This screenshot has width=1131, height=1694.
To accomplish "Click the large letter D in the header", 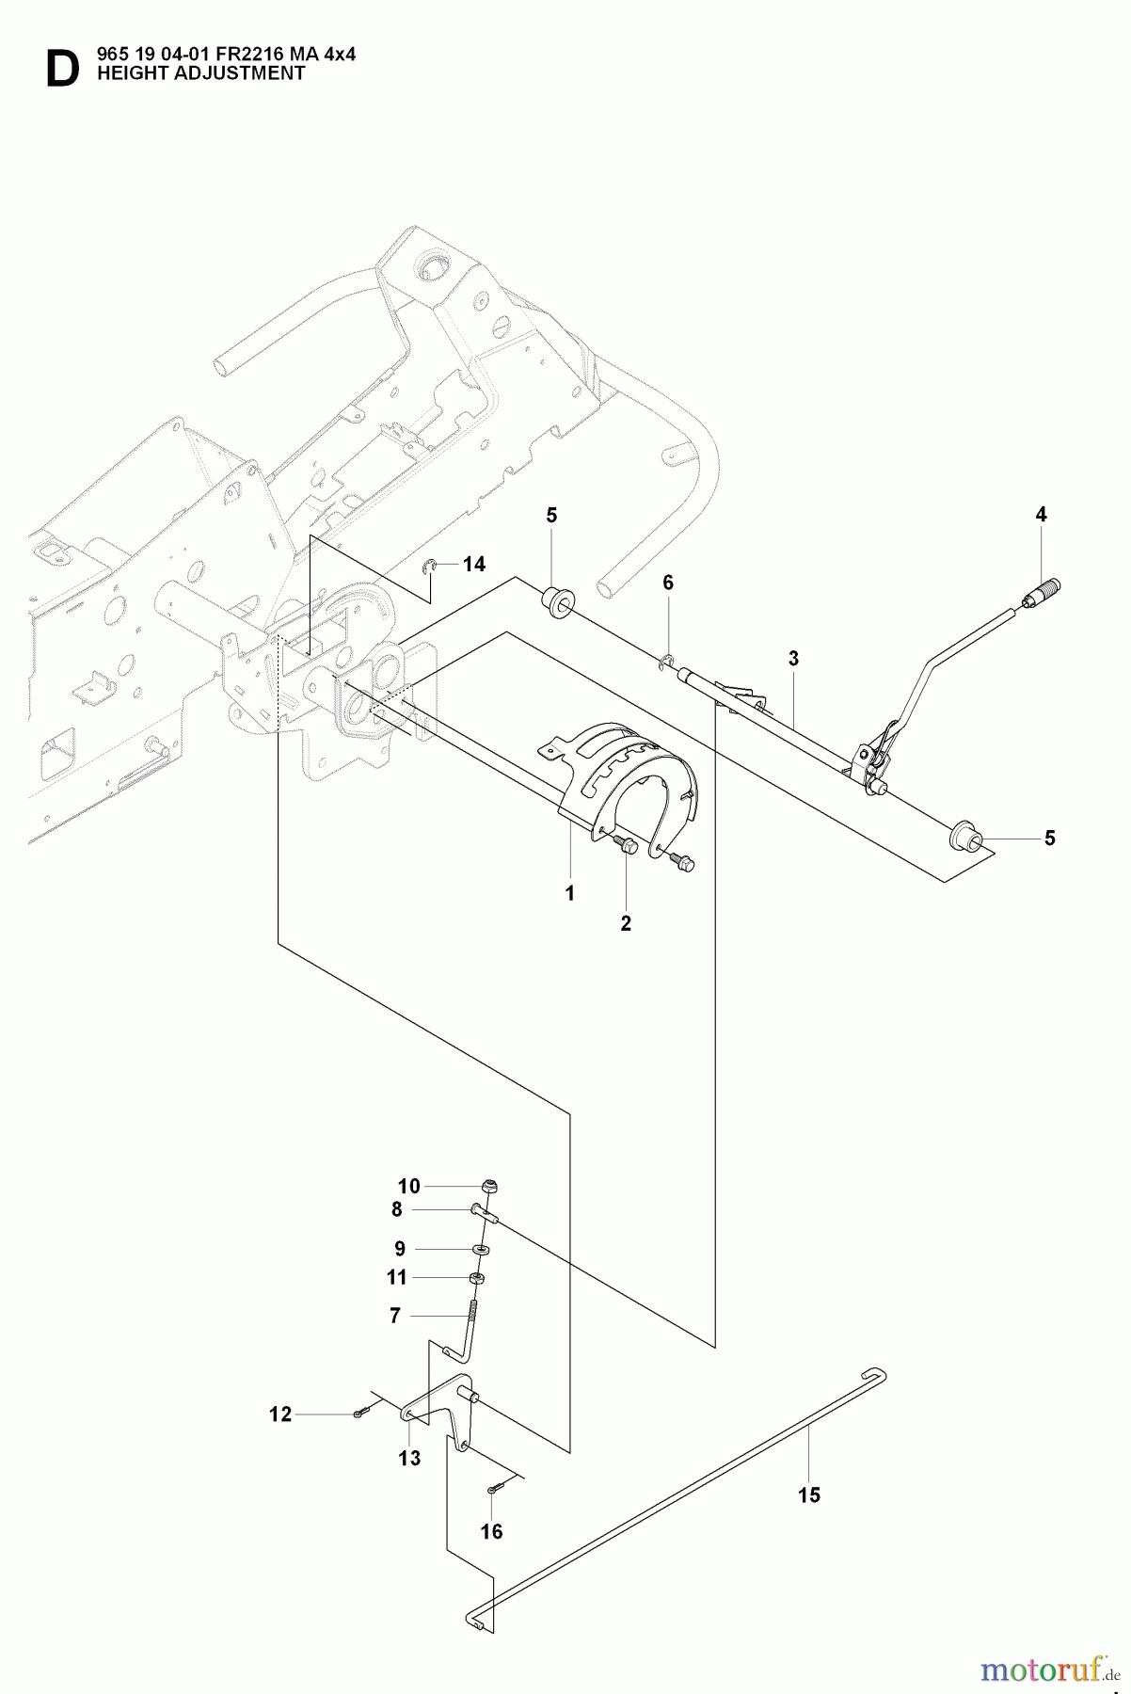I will click(x=62, y=70).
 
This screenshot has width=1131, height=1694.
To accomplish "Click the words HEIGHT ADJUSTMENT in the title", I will click(x=200, y=73).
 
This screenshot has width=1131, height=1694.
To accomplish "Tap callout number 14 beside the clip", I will click(x=474, y=564).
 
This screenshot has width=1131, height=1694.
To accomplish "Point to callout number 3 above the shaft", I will click(x=793, y=659).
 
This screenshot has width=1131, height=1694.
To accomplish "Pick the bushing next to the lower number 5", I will click(x=965, y=835).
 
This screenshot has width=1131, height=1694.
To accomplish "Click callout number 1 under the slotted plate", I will click(x=569, y=893).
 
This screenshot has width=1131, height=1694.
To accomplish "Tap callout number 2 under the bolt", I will click(x=626, y=923).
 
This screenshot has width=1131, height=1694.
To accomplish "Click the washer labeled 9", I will click(x=482, y=1249).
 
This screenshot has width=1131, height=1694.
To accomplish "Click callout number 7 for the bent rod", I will click(x=395, y=1315).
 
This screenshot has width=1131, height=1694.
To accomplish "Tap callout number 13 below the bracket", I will click(x=409, y=1458).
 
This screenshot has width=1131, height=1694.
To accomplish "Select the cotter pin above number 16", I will click(x=495, y=1488).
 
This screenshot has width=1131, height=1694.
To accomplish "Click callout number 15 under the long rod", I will click(x=808, y=1494).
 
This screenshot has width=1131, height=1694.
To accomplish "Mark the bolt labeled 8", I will click(x=485, y=1212).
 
